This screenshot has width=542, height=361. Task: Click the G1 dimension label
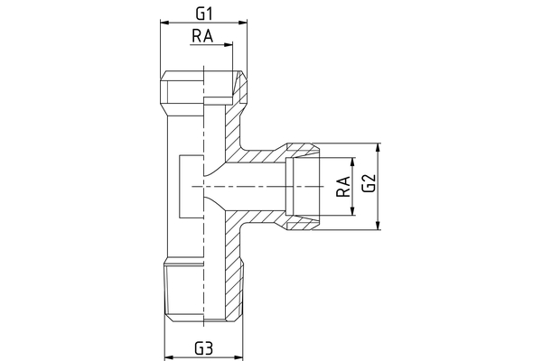coord(203,13)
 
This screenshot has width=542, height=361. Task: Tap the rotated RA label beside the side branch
coord(342,188)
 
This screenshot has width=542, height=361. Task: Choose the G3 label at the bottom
coord(203,347)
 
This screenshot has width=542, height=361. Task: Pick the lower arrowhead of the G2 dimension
coord(378,229)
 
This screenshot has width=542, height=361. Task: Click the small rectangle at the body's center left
coord(192,187)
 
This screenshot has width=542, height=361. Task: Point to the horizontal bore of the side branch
coord(253,188)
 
